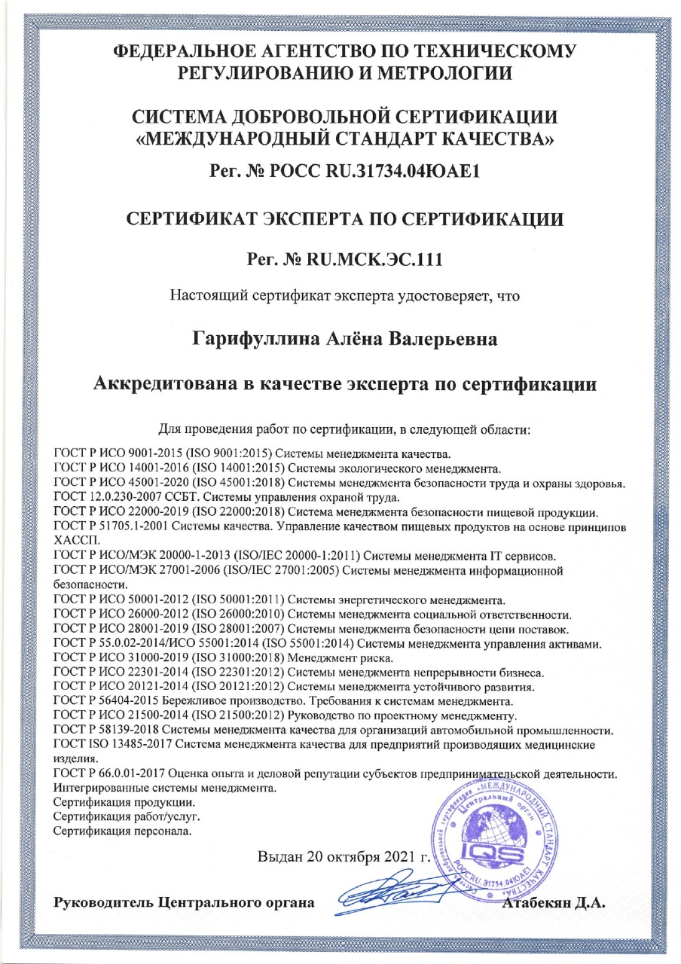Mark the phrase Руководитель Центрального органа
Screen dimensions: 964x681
click(185, 902)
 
